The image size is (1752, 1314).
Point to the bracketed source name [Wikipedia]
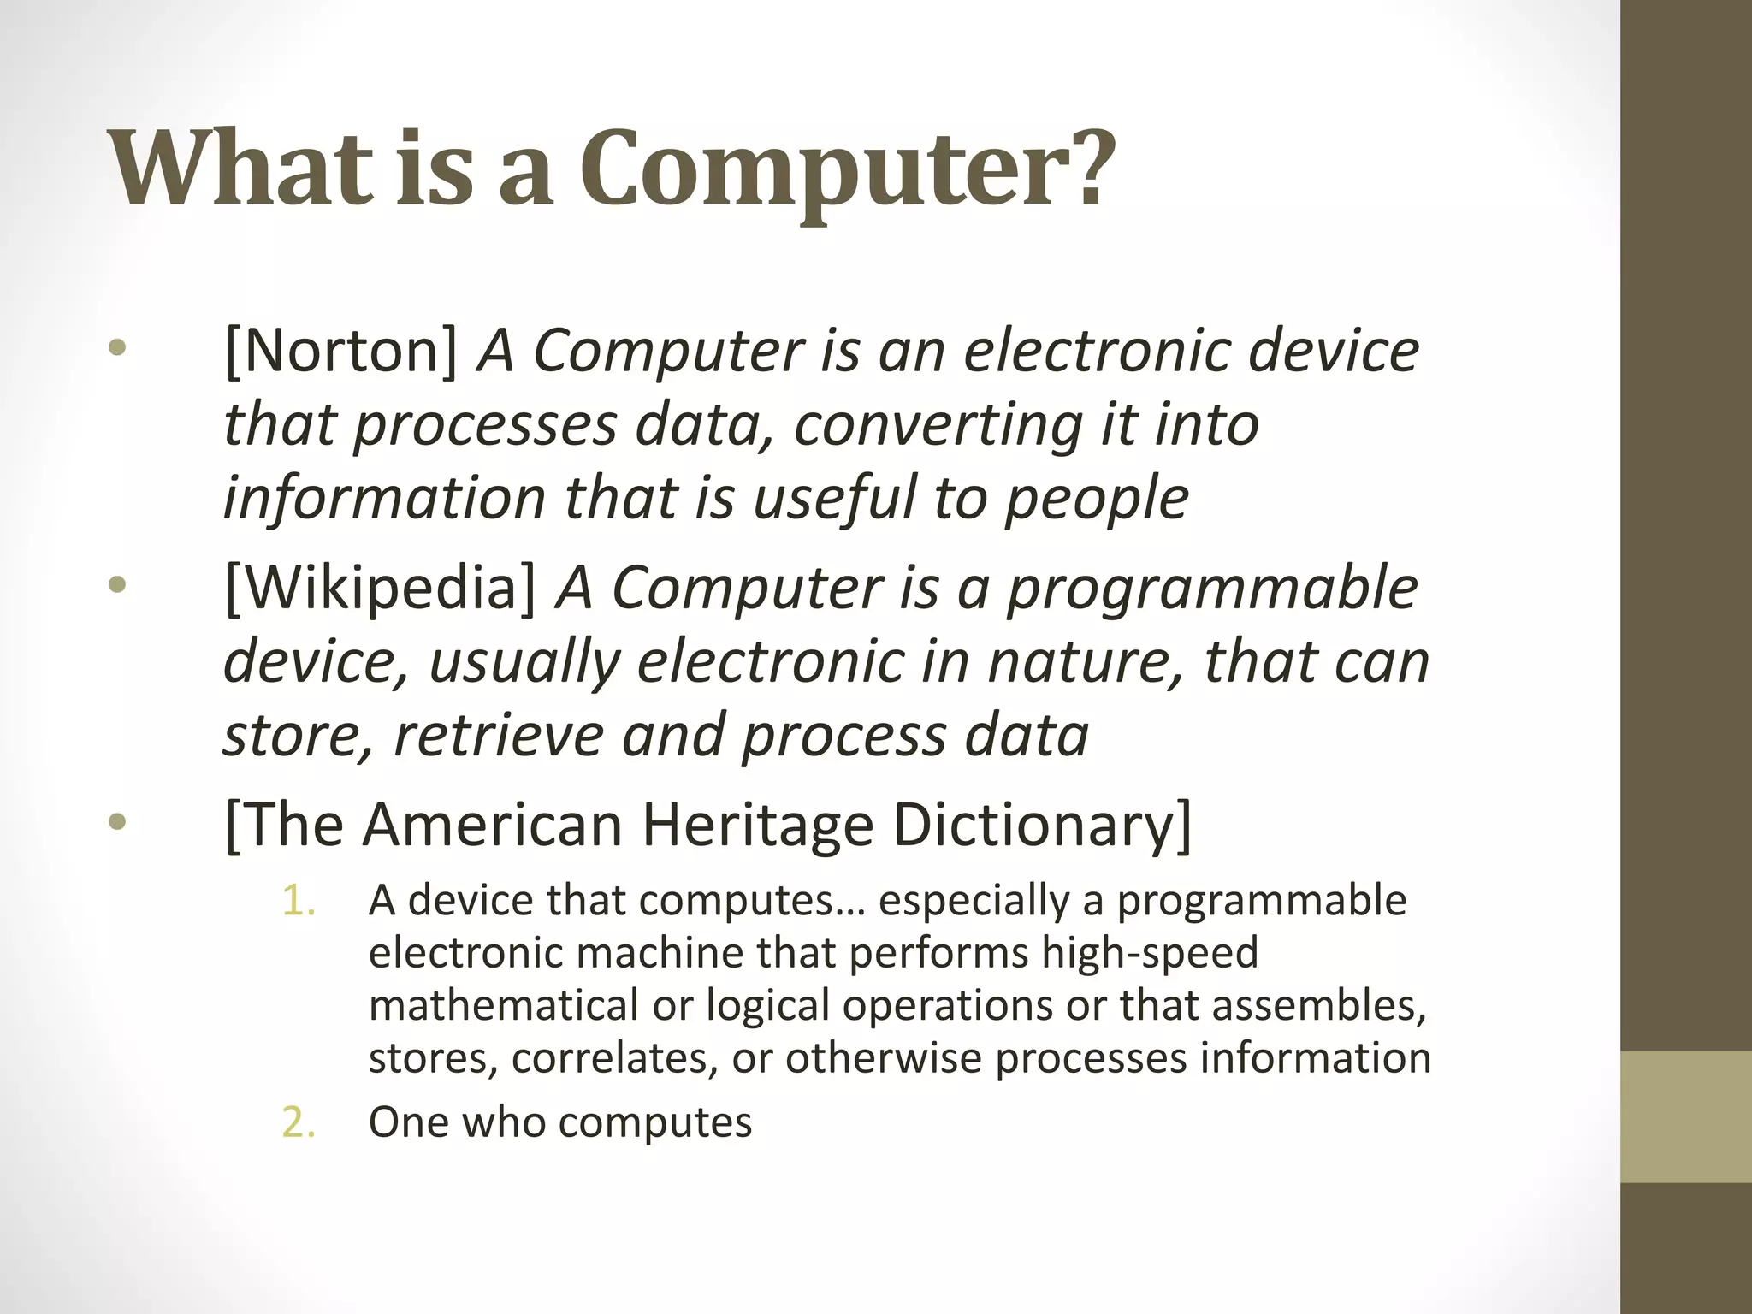380,589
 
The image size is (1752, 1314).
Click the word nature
1086,661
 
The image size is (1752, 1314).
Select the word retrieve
498,736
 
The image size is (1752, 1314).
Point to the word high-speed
1150,952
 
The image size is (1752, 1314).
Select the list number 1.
299,901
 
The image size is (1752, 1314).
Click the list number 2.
299,1122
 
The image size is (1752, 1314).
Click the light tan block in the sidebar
1686,1116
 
